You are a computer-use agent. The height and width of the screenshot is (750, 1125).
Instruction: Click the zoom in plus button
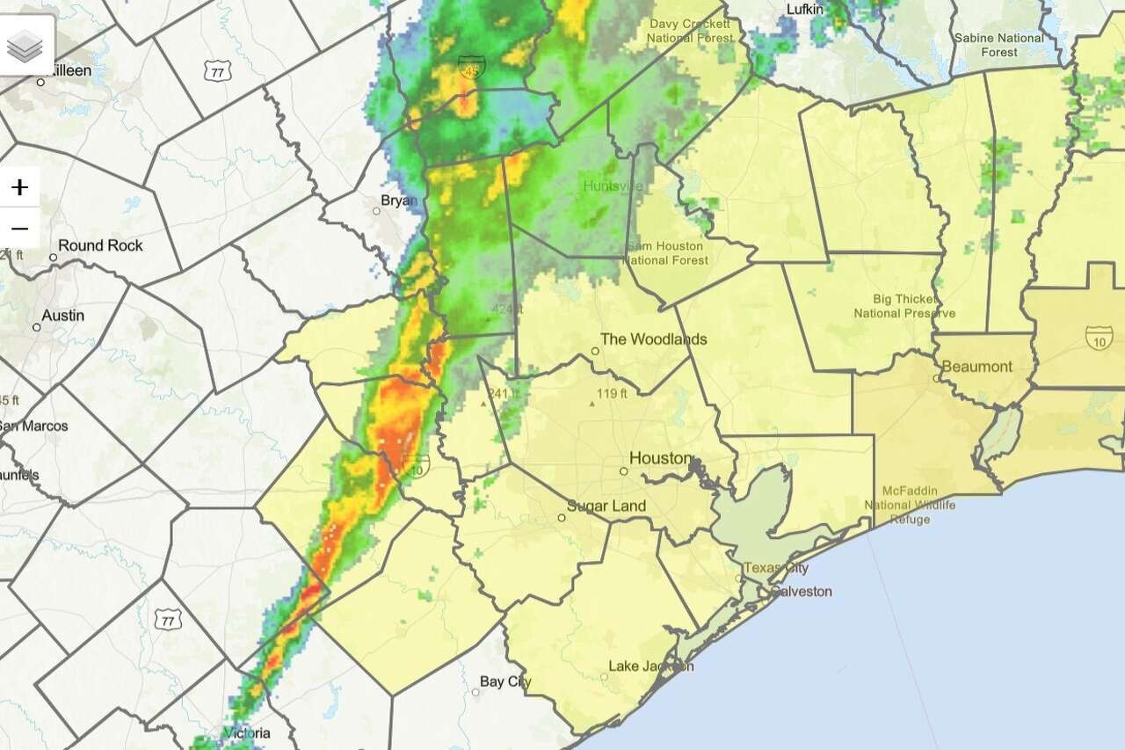click(19, 187)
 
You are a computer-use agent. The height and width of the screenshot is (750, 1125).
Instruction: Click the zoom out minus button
click(19, 229)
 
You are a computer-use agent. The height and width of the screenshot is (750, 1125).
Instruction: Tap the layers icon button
click(25, 45)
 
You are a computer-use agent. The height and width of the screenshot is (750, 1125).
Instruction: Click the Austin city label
click(63, 315)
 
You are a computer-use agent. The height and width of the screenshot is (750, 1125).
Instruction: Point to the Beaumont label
click(976, 367)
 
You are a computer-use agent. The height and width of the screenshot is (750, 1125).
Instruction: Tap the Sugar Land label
click(606, 506)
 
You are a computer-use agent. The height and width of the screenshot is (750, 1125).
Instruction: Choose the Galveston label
click(801, 591)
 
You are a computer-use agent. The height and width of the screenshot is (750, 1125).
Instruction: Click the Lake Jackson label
click(650, 666)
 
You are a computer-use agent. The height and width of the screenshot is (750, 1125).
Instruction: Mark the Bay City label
click(505, 681)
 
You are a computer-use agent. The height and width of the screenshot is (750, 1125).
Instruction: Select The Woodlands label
click(653, 339)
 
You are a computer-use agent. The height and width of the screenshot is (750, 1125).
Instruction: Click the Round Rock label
click(100, 245)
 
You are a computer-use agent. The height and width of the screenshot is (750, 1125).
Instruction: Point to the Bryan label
click(399, 200)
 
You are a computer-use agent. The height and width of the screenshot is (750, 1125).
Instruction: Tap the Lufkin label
click(806, 9)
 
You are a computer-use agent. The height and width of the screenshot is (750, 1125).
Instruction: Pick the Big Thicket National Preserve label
click(904, 306)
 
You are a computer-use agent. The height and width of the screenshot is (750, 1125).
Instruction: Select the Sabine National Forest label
click(998, 45)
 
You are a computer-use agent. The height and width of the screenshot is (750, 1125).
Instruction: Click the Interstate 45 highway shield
click(470, 68)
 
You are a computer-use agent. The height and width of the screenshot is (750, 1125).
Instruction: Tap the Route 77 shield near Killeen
click(216, 70)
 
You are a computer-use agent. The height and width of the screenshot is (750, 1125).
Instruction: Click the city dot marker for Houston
click(623, 471)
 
